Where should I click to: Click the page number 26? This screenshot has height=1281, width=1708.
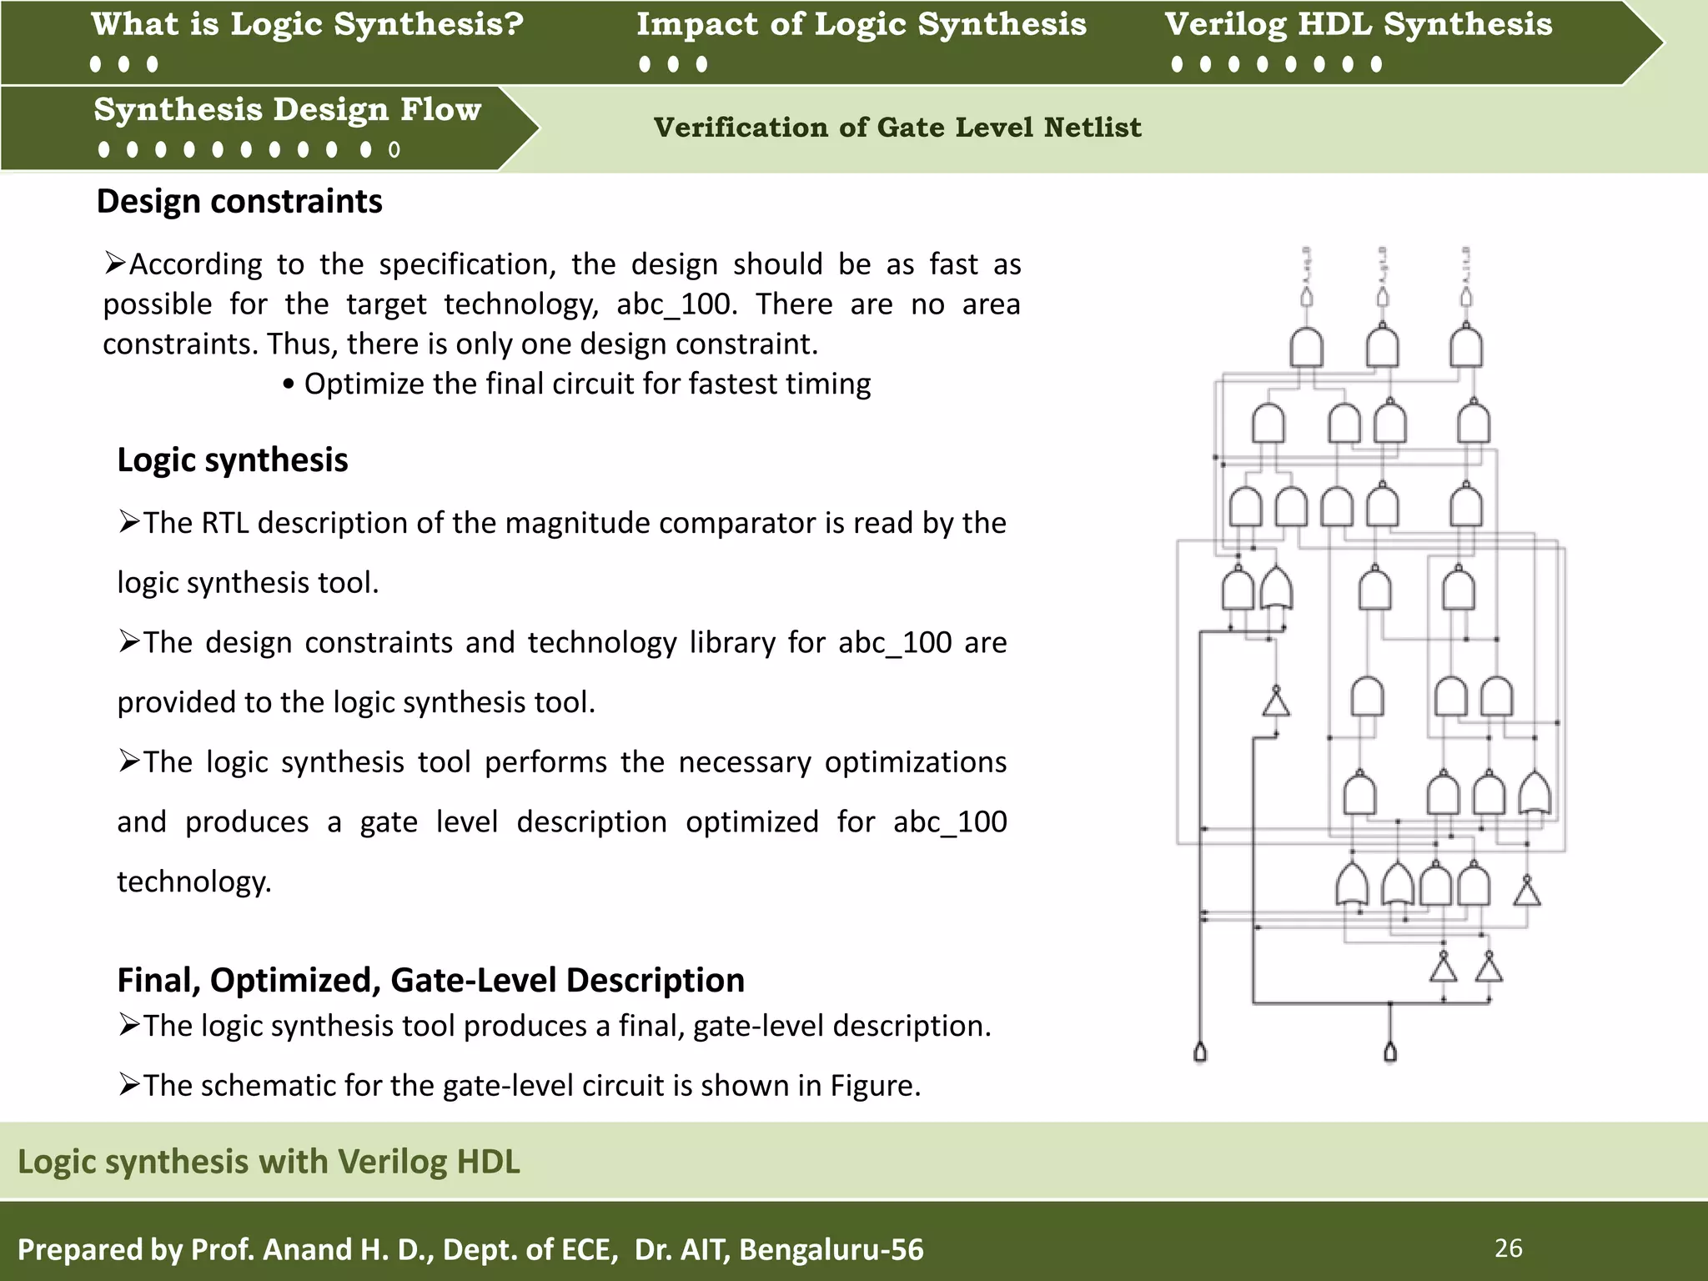(1508, 1248)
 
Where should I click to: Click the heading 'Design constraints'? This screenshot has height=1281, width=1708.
(239, 202)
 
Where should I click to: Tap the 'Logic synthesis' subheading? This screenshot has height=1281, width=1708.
(232, 460)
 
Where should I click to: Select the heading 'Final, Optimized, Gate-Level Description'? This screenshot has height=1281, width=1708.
(430, 980)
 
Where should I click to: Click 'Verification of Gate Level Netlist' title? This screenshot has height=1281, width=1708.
(897, 128)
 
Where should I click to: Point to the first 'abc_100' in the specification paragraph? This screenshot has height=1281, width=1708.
(676, 304)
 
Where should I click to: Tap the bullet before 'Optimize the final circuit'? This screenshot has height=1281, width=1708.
(289, 385)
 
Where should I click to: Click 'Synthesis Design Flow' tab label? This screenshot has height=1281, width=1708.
(287, 110)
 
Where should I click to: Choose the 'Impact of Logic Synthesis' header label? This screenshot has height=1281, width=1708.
(861, 24)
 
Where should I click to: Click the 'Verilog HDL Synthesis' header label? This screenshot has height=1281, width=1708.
(1358, 24)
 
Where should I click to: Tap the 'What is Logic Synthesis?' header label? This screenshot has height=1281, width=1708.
(307, 24)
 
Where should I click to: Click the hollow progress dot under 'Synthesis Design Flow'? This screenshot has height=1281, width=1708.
(394, 150)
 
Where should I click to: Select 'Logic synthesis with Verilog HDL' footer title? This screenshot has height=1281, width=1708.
(269, 1162)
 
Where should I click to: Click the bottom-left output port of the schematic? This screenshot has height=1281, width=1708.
(1200, 1052)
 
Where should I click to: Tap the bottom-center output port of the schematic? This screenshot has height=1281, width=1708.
(1390, 1052)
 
